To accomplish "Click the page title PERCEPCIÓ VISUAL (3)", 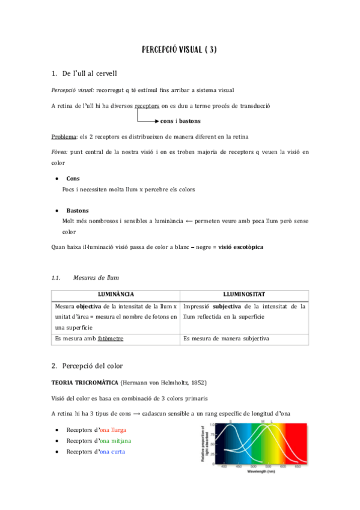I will (x=179, y=50).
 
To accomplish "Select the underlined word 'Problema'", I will (x=64, y=136).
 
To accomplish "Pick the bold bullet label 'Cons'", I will (x=73, y=179).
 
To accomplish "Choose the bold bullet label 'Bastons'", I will (x=78, y=210).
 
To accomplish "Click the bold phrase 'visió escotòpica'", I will (x=240, y=248).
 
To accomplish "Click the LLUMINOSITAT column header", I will (x=243, y=295).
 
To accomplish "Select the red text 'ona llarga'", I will (x=113, y=431).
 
